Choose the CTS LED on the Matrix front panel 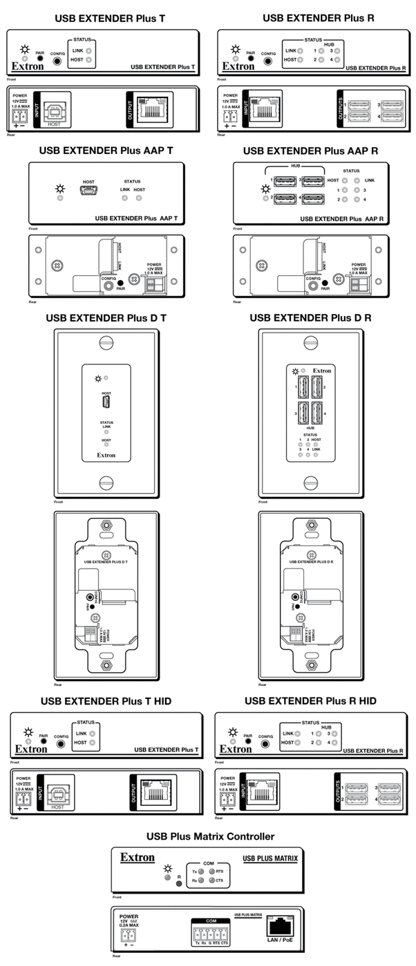tap(212, 875)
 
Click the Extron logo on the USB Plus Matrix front tap(138, 858)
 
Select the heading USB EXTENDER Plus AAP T tap(105, 150)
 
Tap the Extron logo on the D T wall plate tap(106, 455)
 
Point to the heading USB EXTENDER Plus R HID tap(310, 701)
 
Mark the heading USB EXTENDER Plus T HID tap(106, 701)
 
